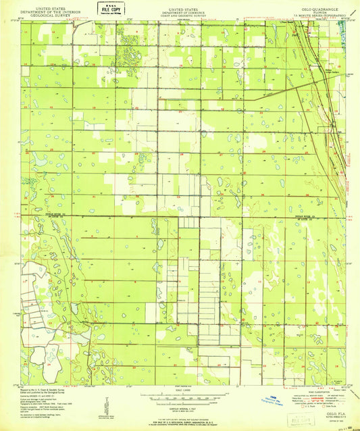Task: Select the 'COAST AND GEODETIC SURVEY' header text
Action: click(x=180, y=11)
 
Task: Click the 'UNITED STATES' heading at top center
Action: click(x=180, y=4)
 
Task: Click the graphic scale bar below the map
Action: click(x=179, y=398)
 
